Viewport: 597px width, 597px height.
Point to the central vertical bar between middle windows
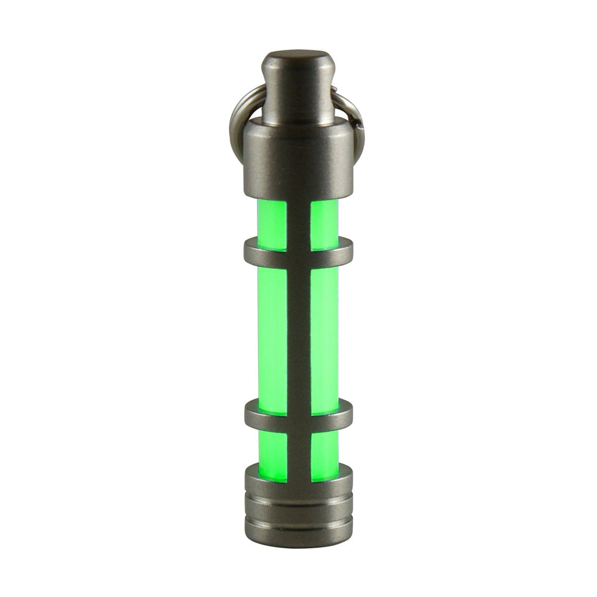click(298, 328)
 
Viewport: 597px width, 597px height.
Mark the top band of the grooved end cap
click(298, 480)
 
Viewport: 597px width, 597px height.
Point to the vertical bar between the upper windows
click(298, 219)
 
